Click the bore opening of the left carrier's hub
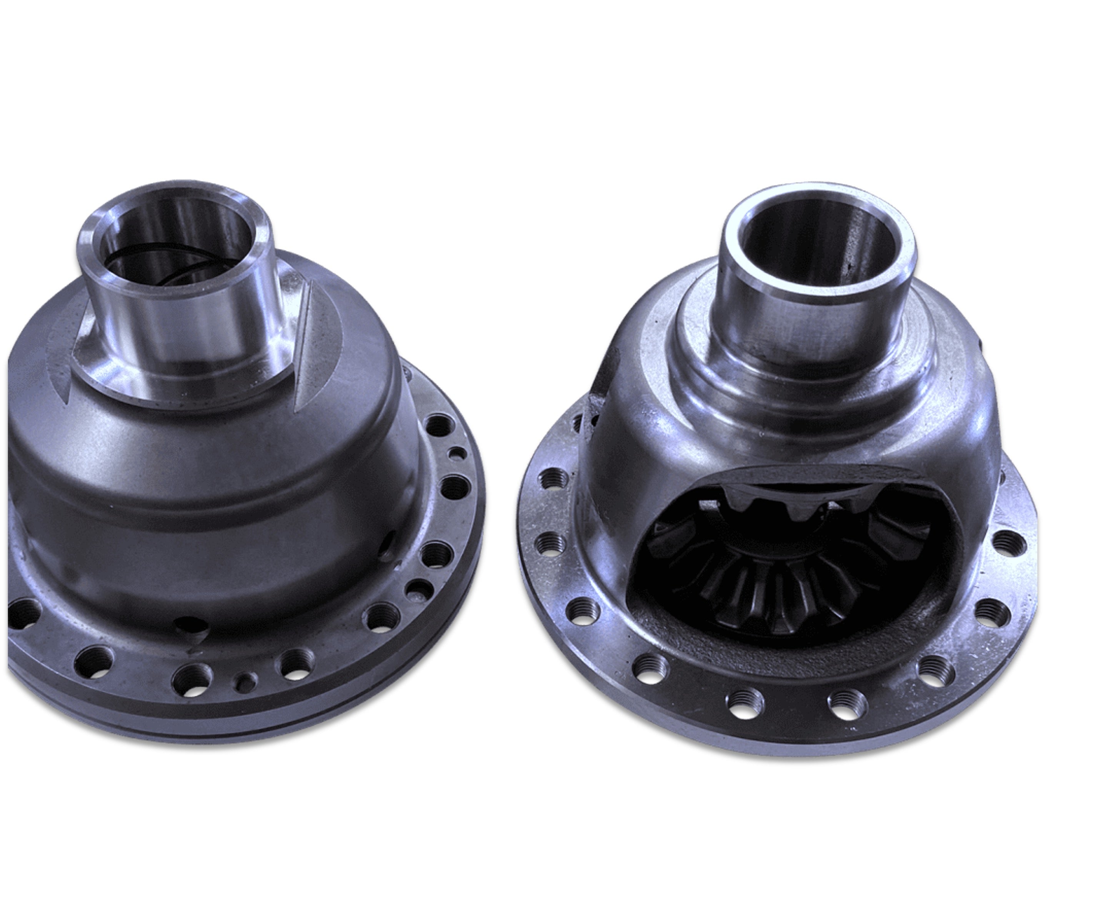click(175, 245)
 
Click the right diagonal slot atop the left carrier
click(305, 344)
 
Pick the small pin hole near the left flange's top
click(458, 453)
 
